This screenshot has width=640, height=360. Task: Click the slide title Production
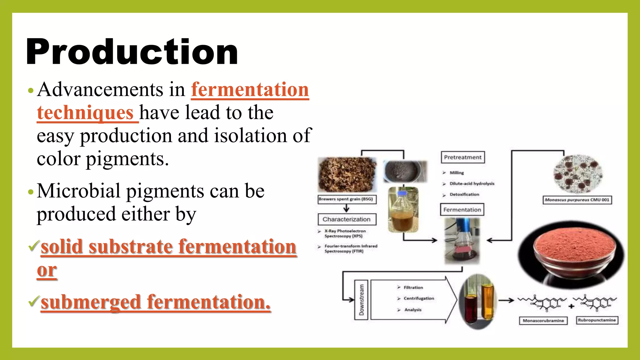(x=132, y=52)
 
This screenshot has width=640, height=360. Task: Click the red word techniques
(x=85, y=112)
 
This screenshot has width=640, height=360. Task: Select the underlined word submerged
(x=91, y=302)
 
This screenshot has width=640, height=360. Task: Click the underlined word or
(x=47, y=270)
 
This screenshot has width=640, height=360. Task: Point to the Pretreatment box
(x=462, y=157)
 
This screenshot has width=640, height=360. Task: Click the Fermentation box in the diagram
(x=462, y=210)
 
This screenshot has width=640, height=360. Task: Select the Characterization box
(x=347, y=219)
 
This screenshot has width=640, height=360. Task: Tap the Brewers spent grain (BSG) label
(x=347, y=199)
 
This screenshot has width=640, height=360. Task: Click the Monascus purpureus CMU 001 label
(x=577, y=200)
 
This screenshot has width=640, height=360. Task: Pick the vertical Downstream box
(x=361, y=300)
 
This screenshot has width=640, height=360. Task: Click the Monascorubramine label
(x=543, y=321)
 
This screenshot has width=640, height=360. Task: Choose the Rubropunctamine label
(x=597, y=320)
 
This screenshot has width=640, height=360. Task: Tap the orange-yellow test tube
(x=487, y=300)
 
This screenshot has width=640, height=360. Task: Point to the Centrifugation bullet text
(x=418, y=298)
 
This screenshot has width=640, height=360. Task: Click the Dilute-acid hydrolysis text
(x=472, y=184)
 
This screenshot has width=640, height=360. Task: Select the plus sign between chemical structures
(x=571, y=306)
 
